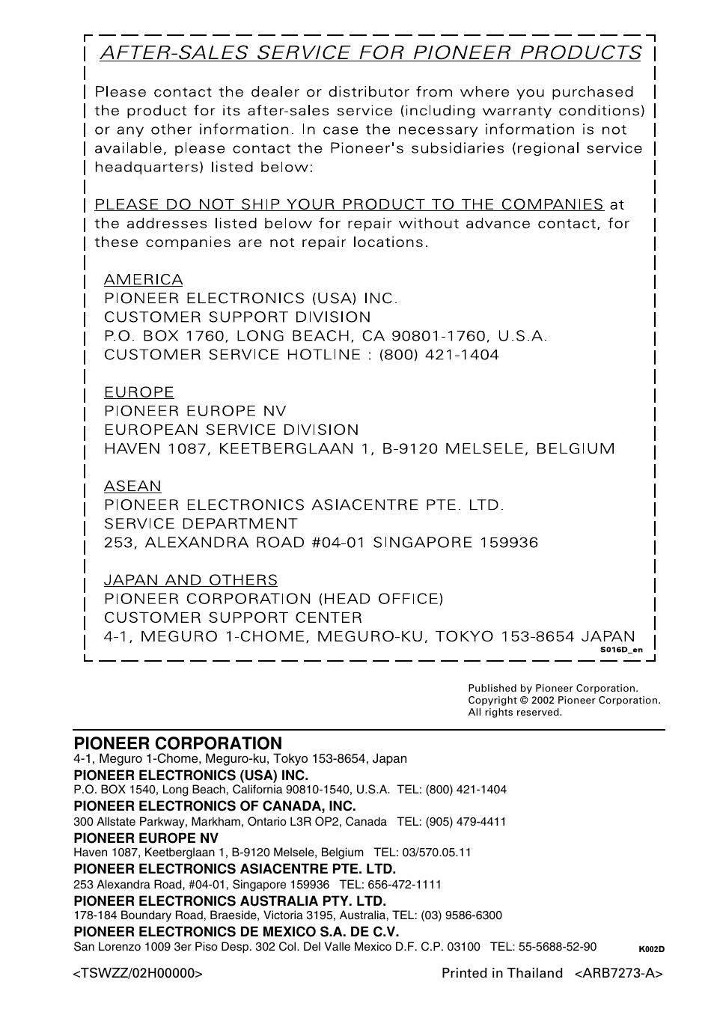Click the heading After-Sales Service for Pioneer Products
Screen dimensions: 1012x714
click(x=370, y=52)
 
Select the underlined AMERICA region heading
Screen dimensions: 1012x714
click(x=143, y=280)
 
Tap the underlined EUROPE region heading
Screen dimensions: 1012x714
click(x=138, y=392)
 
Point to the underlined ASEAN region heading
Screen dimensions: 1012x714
click(x=132, y=487)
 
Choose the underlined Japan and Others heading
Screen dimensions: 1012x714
click(x=190, y=580)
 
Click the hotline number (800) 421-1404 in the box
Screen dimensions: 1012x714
click(x=439, y=355)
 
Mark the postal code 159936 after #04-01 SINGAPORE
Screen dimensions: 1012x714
click(x=508, y=543)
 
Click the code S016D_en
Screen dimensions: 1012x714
click(x=620, y=650)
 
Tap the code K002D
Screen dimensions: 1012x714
click(x=651, y=949)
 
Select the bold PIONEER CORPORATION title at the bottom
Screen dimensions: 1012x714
click(x=177, y=743)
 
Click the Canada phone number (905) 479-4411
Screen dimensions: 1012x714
click(x=466, y=821)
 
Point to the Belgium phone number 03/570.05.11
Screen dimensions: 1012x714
click(x=436, y=853)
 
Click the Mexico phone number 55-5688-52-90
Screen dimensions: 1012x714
click(x=556, y=947)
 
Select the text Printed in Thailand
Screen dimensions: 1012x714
click(x=501, y=973)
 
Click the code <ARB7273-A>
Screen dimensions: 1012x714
click(x=619, y=973)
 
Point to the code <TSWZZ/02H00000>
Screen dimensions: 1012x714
click(x=138, y=973)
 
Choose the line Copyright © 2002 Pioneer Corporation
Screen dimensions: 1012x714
click(x=564, y=701)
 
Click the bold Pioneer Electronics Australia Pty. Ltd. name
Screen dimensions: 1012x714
click(x=230, y=901)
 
